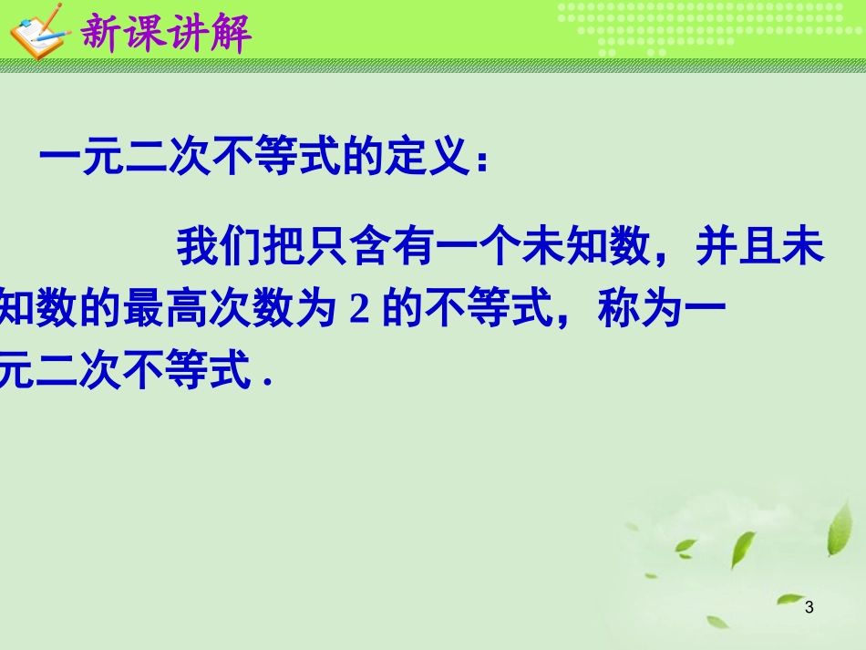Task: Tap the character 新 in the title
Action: [102, 34]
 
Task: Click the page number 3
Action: [809, 607]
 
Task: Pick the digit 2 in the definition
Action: [358, 311]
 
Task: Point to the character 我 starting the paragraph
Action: [198, 248]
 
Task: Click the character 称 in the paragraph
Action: [619, 310]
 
